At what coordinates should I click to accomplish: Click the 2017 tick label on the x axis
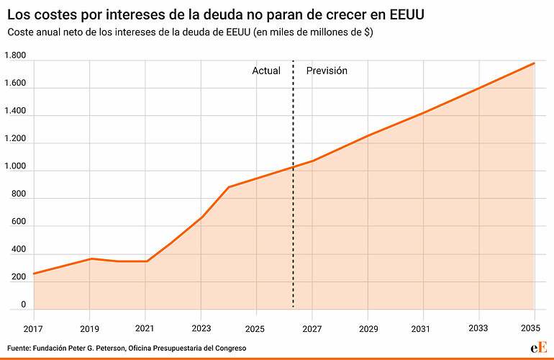33,328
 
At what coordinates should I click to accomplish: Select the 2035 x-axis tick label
534,328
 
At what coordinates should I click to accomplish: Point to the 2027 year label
312,328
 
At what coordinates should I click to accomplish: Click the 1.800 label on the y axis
15,56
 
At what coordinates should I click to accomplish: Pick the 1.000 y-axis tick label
15,166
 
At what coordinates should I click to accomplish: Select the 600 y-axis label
18,222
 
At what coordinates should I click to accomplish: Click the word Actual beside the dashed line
266,71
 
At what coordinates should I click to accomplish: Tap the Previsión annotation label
327,71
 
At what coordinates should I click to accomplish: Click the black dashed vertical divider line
293,216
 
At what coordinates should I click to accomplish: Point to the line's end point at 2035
534,63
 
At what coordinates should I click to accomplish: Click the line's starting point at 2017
34,274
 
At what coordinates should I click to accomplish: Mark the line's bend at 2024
229,187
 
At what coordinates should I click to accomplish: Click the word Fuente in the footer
19,348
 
